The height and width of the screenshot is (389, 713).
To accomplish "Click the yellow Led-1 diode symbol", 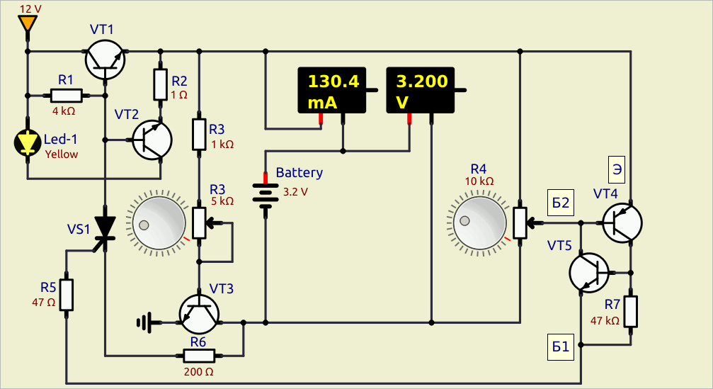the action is point(28,143).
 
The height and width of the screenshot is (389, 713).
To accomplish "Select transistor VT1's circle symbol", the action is point(105,60).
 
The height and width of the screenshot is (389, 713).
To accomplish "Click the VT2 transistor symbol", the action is point(152,140).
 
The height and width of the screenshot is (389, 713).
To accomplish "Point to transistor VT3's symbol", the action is point(199,314).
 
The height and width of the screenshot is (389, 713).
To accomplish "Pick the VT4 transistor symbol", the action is point(622,223).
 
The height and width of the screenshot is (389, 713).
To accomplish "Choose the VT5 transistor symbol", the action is point(589,273).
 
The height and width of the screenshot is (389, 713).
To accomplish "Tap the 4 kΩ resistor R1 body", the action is point(67,96).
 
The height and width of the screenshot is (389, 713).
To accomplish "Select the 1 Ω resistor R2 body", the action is point(160,84).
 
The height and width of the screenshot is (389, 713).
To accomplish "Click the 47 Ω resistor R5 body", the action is point(67,295).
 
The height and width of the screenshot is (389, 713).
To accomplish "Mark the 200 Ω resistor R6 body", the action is point(199,355).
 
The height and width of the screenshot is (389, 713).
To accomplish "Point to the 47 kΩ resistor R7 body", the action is point(631,312).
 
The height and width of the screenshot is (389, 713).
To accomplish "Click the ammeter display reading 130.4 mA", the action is point(332,90).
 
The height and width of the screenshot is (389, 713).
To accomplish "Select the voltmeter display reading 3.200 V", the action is point(420,90).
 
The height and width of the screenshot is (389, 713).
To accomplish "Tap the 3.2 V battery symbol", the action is point(265,196).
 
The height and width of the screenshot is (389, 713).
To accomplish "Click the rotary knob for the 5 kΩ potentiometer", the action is point(159,223).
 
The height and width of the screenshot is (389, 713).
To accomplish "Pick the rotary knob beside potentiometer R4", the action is point(480,222).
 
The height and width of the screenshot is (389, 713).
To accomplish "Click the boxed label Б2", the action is point(561,203).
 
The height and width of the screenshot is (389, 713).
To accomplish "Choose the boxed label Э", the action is point(617,169).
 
